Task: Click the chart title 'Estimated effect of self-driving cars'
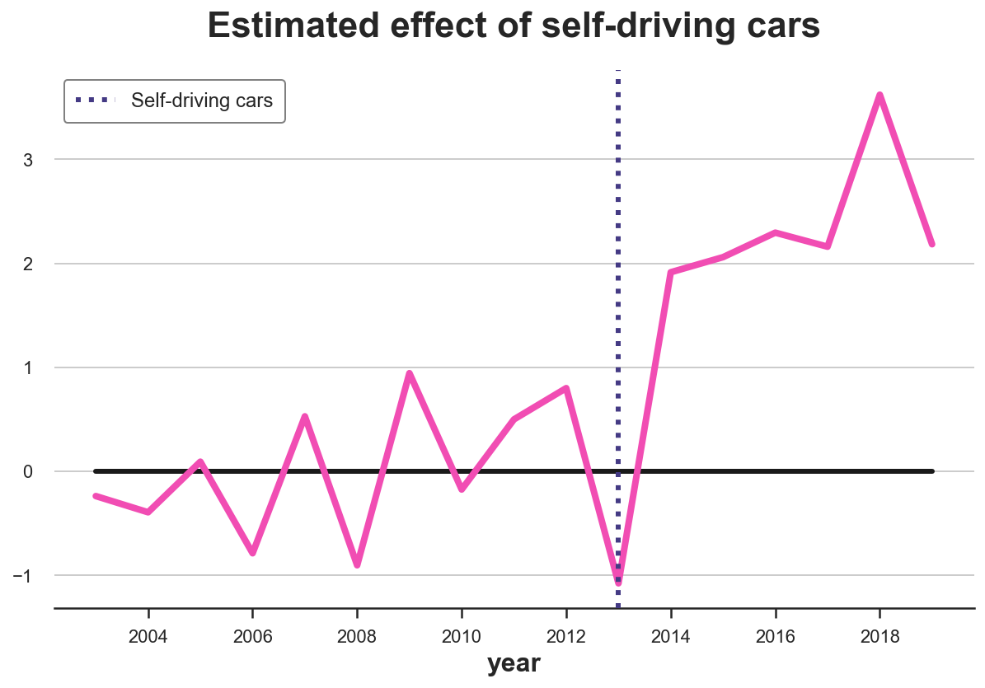pos(514,26)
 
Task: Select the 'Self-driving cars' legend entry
pos(201,101)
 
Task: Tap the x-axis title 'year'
pos(514,663)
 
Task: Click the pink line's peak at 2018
pos(879,96)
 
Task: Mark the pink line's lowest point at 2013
pos(618,582)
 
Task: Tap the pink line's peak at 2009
pos(409,374)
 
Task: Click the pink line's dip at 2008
pos(357,564)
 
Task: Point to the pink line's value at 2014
pos(671,273)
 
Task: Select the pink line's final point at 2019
pos(931,244)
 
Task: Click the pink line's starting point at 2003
pos(96,496)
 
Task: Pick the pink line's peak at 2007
pos(305,417)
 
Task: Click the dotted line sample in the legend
pos(97,101)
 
